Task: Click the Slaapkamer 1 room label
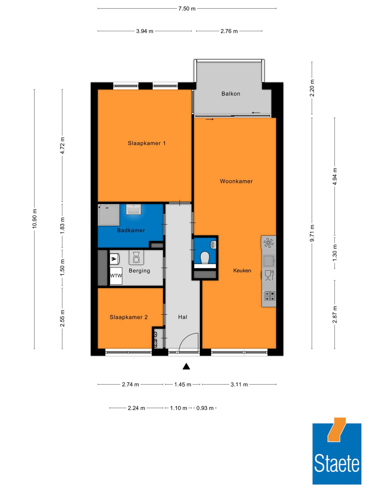(147, 143)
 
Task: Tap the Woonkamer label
(236, 181)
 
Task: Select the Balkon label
(231, 94)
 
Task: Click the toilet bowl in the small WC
(205, 258)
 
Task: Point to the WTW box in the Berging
(116, 276)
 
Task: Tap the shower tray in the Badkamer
(109, 215)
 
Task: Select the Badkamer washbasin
(133, 209)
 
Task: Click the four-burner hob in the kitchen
(269, 296)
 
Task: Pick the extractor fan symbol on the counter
(269, 243)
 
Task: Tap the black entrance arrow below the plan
(186, 367)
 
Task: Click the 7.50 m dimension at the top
(187, 9)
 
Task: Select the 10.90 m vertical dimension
(35, 219)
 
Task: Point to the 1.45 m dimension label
(182, 384)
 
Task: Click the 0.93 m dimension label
(205, 408)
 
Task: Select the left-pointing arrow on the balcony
(256, 113)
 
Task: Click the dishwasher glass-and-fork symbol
(269, 275)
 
